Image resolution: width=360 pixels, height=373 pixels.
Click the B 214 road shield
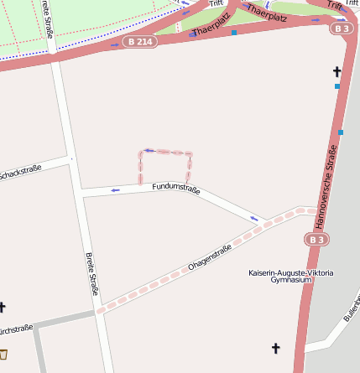(x=139, y=41)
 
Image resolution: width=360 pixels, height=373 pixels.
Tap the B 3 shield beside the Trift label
(x=341, y=28)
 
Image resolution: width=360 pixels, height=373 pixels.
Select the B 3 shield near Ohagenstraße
(x=316, y=240)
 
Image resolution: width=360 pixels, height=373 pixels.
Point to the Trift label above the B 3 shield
(x=335, y=5)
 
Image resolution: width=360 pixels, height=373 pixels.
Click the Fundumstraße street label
(x=176, y=189)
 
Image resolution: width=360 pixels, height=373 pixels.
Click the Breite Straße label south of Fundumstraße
(x=91, y=274)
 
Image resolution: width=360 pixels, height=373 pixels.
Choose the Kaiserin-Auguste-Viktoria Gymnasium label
(x=291, y=277)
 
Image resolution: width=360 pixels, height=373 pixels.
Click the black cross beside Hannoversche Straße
(x=337, y=72)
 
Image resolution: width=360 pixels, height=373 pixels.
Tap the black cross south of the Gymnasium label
(x=275, y=348)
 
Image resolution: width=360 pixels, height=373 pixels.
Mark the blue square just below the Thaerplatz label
(x=234, y=33)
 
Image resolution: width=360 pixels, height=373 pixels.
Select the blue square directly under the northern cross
(x=337, y=86)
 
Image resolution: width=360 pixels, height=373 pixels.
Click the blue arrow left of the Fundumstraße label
(x=115, y=189)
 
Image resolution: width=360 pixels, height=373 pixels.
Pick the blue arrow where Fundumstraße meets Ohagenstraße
(x=254, y=220)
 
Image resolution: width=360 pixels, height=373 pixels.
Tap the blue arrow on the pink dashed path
(x=148, y=151)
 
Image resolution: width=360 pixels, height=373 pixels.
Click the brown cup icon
(x=3, y=354)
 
